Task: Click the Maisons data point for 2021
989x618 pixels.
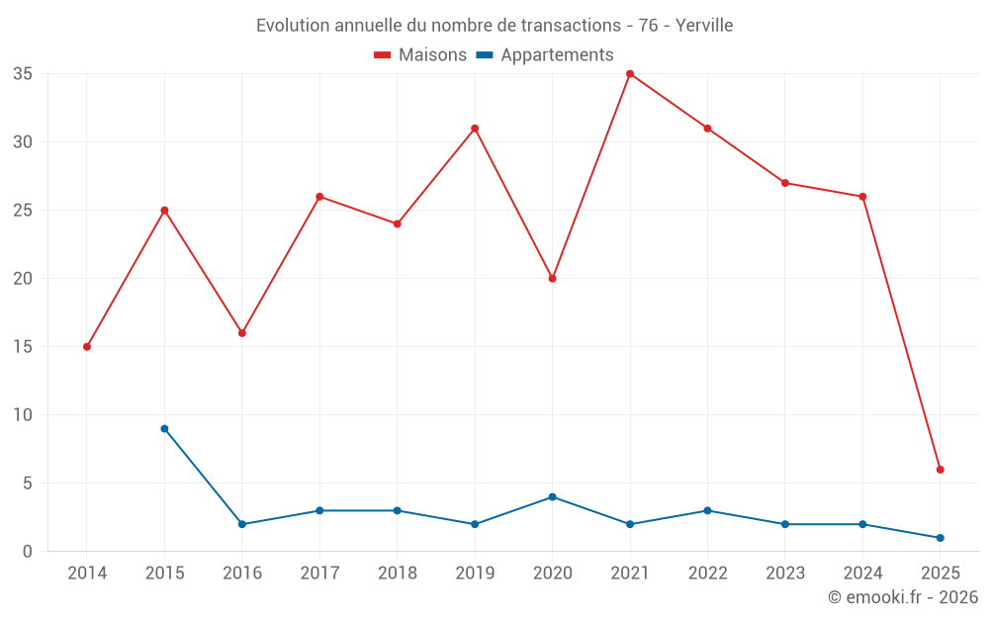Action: [630, 74]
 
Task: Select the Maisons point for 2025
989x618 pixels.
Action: [940, 470]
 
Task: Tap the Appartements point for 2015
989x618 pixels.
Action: [164, 428]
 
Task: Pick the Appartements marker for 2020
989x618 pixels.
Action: [552, 496]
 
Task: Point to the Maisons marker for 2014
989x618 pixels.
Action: [87, 347]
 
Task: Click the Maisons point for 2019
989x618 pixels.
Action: [475, 129]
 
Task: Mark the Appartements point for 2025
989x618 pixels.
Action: [940, 538]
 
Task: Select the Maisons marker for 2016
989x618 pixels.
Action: [242, 333]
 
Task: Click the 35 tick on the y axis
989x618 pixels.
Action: [23, 74]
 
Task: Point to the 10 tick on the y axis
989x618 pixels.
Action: [23, 415]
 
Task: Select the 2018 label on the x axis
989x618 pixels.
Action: [397, 574]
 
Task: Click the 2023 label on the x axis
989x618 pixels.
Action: [784, 574]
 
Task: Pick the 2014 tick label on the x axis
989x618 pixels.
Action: [87, 574]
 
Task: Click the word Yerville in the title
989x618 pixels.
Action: [704, 26]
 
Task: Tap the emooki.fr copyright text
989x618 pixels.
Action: [902, 597]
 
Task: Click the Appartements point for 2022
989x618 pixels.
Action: [707, 510]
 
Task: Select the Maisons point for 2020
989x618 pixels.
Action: [552, 278]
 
